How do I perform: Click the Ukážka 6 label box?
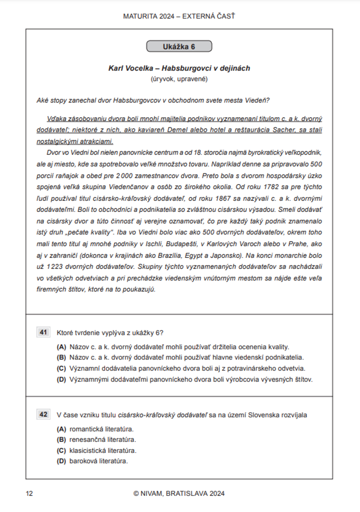coord(179,46)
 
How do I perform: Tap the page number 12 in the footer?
coord(29,494)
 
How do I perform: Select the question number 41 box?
coord(43,332)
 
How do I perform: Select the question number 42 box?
coord(43,414)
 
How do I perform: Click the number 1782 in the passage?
coord(271,187)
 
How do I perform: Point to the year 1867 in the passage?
coord(223,198)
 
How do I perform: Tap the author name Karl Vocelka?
coord(131,68)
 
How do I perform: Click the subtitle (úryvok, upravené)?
coord(179,79)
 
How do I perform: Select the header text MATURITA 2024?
coord(149,16)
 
